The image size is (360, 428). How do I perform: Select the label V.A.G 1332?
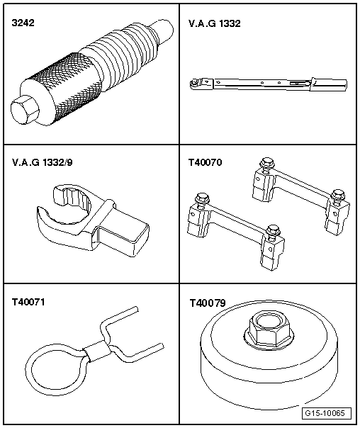tap(215, 24)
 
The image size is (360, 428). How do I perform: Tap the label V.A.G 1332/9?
tap(41, 162)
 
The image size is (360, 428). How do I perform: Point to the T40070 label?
tap(206, 162)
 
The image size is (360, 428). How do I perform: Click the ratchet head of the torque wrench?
tap(196, 84)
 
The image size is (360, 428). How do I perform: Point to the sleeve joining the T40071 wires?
tap(96, 349)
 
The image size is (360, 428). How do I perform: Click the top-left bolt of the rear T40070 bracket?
tap(268, 164)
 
